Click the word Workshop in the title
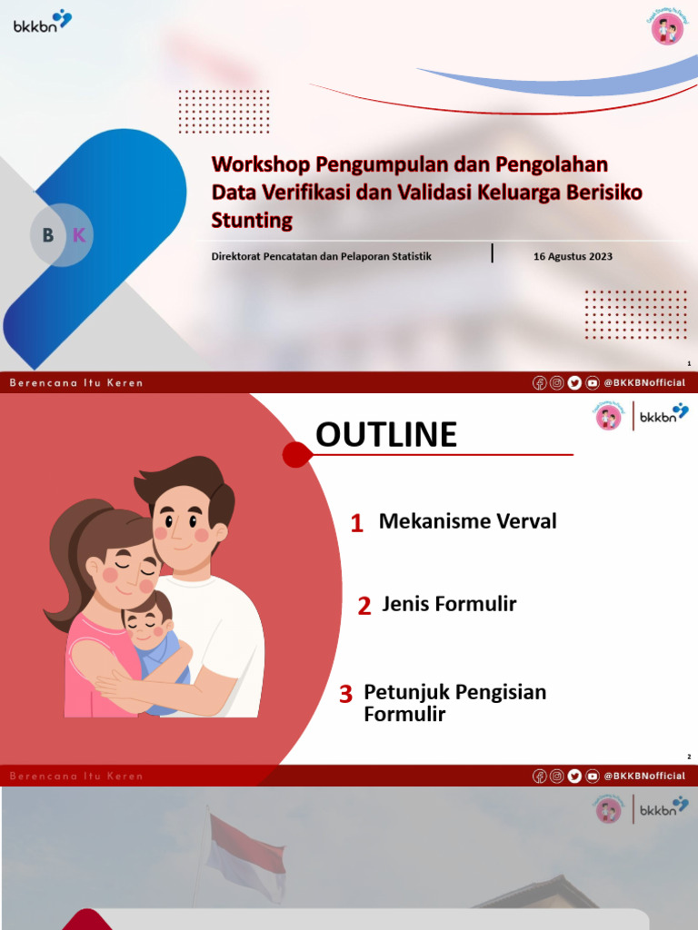pyautogui.click(x=261, y=164)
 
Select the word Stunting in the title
pyautogui.click(x=252, y=220)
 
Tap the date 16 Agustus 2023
pyautogui.click(x=573, y=256)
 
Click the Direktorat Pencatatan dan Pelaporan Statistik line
pyautogui.click(x=321, y=256)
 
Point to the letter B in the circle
pyautogui.click(x=47, y=235)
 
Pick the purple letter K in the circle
pyautogui.click(x=79, y=235)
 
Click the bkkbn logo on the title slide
pyautogui.click(x=42, y=22)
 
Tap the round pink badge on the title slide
pyautogui.click(x=667, y=28)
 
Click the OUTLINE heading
pyautogui.click(x=386, y=436)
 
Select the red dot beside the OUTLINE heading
pyautogui.click(x=295, y=454)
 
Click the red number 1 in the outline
pyautogui.click(x=357, y=523)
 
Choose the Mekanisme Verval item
pyautogui.click(x=467, y=521)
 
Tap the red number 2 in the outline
pyautogui.click(x=364, y=607)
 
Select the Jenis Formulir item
pyautogui.click(x=449, y=604)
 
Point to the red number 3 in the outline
pyautogui.click(x=345, y=695)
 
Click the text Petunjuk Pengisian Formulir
pyautogui.click(x=454, y=703)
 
